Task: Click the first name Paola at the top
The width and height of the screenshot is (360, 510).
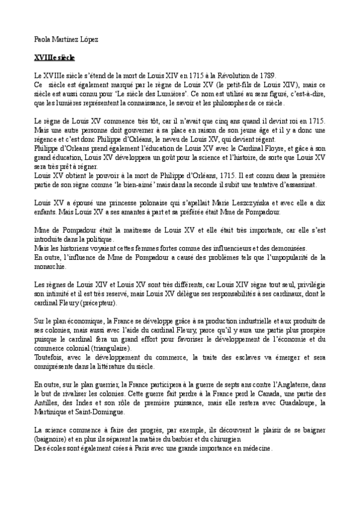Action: pyautogui.click(x=42, y=39)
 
